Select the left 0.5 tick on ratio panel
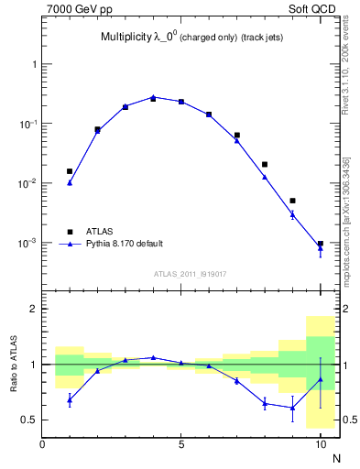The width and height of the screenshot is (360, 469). (29, 420)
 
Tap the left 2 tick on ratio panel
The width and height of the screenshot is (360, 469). (34, 309)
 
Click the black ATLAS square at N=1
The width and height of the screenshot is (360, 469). (70, 171)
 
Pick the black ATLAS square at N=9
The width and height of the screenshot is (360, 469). (292, 201)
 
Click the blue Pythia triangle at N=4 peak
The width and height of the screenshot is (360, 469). (153, 96)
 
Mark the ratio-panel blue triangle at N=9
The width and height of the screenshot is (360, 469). (292, 408)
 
